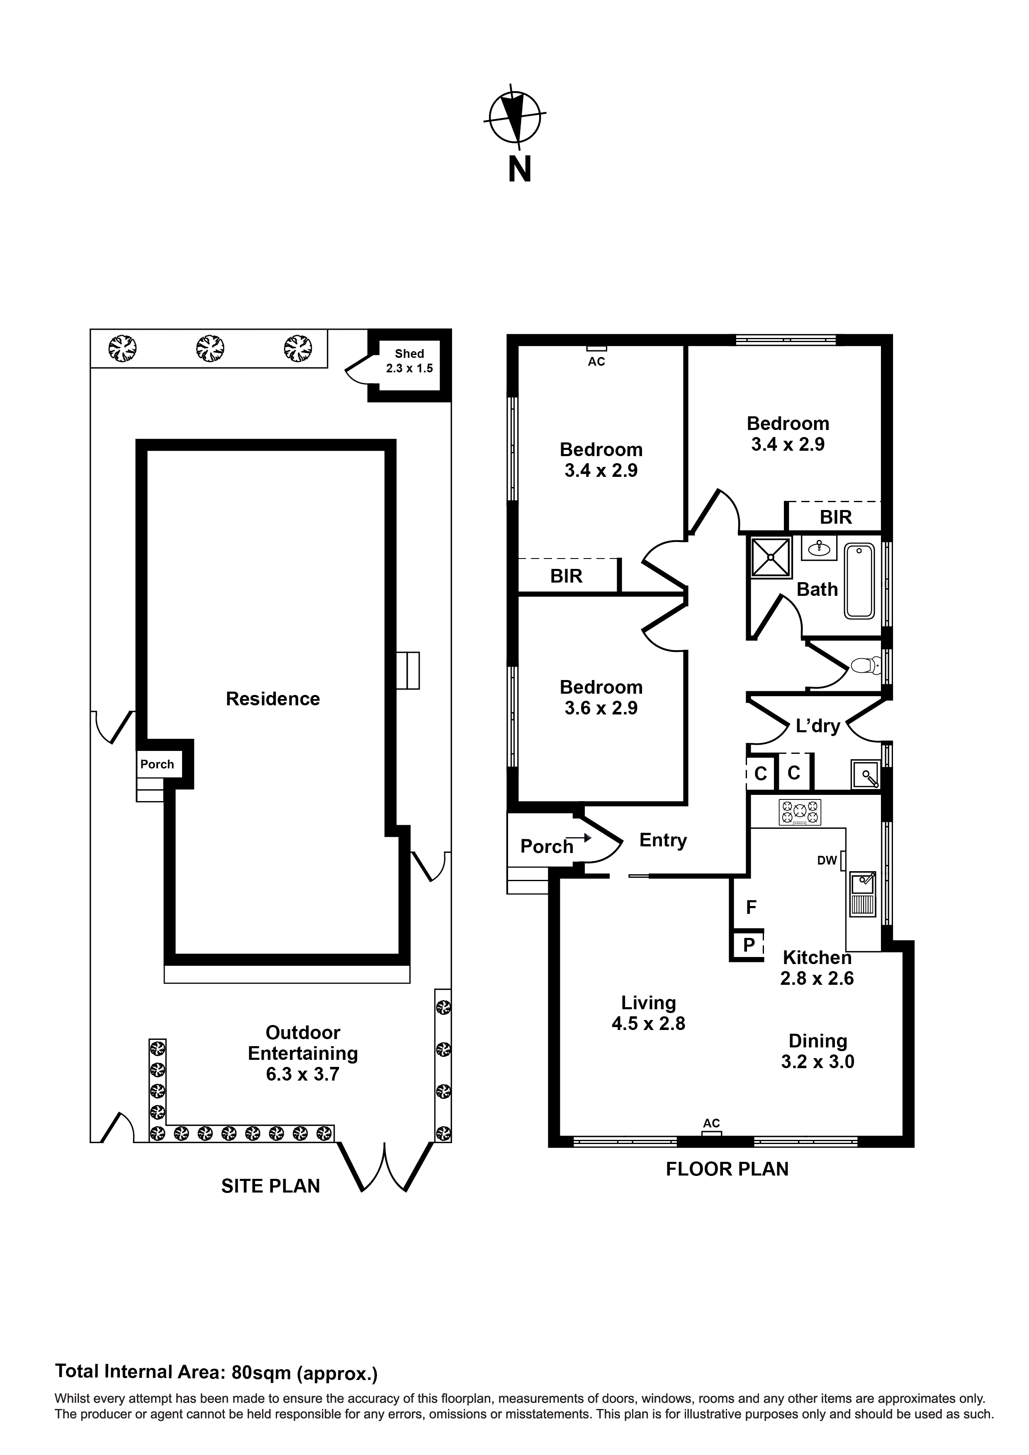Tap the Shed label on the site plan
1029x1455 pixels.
coord(409,354)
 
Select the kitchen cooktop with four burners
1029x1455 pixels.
coord(800,812)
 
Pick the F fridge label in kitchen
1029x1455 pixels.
coord(751,908)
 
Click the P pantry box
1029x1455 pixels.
coord(749,945)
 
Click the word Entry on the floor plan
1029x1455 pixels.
coord(662,840)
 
